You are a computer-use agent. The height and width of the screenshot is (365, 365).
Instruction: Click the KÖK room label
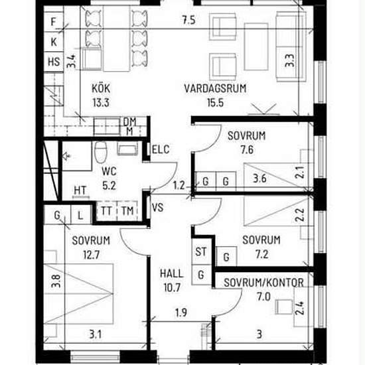point(101,88)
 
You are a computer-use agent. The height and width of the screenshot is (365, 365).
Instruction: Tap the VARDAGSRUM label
point(215,89)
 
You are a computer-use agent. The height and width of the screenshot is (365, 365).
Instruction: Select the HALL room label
point(172,273)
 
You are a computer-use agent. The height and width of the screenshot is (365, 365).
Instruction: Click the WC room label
point(110,171)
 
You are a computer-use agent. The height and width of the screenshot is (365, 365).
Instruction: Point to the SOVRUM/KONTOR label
point(263,283)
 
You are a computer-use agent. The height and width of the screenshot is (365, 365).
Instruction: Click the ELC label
point(161,149)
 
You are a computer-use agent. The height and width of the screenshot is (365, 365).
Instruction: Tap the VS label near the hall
point(157,208)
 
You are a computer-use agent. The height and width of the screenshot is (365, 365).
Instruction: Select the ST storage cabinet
point(201,251)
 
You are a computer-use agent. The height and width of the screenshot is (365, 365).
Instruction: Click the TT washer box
point(106,211)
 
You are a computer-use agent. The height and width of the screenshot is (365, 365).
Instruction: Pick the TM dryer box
point(127,211)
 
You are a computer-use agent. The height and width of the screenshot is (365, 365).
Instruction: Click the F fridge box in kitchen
point(54,22)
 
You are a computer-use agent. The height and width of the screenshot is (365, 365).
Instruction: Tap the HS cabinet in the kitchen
point(54,62)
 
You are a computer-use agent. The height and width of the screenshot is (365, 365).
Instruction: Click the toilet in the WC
point(101,152)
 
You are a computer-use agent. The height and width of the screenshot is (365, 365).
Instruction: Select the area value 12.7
point(92,255)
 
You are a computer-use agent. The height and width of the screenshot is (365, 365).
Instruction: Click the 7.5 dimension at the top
point(188,20)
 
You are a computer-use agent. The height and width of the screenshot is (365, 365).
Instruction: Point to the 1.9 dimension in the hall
point(181,313)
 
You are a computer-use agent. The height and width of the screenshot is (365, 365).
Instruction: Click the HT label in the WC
point(80,190)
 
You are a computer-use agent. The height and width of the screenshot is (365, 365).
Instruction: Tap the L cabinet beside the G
point(80,215)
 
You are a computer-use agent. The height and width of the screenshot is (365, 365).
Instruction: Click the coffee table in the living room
point(256,46)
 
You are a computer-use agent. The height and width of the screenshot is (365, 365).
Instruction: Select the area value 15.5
point(216,103)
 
